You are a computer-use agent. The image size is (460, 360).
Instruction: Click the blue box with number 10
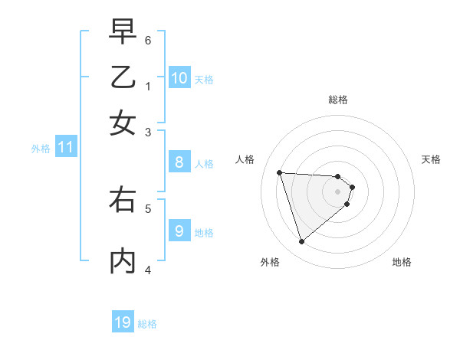pyautogui.click(x=179, y=77)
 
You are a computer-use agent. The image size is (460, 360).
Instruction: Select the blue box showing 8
pyautogui.click(x=179, y=162)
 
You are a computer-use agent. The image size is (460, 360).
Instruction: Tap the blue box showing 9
pyautogui.click(x=179, y=231)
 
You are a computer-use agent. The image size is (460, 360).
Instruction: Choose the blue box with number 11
pyautogui.click(x=65, y=147)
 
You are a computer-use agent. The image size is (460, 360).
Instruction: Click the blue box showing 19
pyautogui.click(x=123, y=322)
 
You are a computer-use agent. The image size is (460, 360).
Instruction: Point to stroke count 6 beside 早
pyautogui.click(x=148, y=40)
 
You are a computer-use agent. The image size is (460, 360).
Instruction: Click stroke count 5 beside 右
pyautogui.click(x=148, y=208)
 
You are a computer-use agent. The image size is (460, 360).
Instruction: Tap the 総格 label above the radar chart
pyautogui.click(x=338, y=100)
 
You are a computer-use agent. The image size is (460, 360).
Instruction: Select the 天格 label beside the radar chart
pyautogui.click(x=431, y=159)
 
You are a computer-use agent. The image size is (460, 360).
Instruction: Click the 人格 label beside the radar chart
pyautogui.click(x=245, y=159)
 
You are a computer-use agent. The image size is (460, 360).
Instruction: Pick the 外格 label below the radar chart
pyautogui.click(x=270, y=262)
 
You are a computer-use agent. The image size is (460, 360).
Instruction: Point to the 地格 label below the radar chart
pyautogui.click(x=402, y=262)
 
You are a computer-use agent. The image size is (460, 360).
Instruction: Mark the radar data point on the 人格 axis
pyautogui.click(x=280, y=172)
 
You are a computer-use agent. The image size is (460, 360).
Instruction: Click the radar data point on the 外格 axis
pyautogui.click(x=301, y=241)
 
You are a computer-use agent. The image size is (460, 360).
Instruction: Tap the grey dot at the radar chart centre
pyautogui.click(x=338, y=191)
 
